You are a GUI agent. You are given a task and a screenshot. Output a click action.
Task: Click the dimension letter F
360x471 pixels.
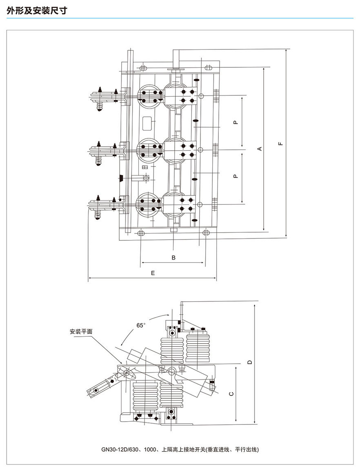tap(280, 143)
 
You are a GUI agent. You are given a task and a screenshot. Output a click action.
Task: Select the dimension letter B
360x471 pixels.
tap(173, 258)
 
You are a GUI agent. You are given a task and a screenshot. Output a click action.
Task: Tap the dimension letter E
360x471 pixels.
tap(152, 273)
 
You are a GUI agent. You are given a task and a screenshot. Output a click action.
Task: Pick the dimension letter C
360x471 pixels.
tap(231, 394)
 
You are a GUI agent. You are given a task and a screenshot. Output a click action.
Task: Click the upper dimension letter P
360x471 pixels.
tap(236, 122)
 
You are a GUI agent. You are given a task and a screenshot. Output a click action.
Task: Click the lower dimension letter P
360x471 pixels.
tap(236, 176)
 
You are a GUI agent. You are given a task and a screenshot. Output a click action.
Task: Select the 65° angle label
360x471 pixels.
tap(141, 325)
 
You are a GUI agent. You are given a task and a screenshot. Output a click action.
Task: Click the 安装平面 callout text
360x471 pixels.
tap(81, 331)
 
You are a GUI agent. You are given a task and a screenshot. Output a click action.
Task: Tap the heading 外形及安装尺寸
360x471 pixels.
tap(37, 11)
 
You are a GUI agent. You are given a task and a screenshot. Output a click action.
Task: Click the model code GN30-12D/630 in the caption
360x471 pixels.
tap(120, 449)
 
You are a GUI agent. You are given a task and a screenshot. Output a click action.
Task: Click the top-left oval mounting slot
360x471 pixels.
tap(143, 67)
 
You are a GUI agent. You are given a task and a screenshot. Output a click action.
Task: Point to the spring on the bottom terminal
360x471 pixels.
tap(98, 215)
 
